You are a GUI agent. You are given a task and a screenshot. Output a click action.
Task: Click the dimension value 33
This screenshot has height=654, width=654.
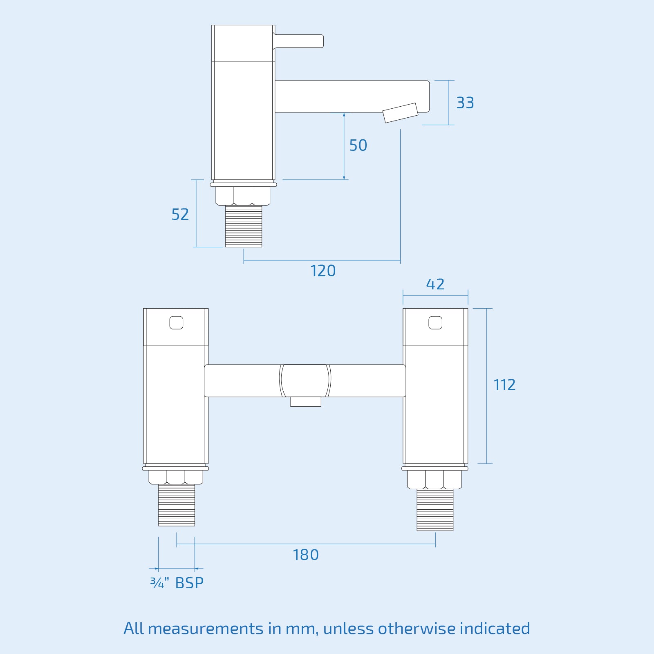[x=465, y=103]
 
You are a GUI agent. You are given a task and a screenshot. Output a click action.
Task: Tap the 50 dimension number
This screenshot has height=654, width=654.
[x=358, y=145]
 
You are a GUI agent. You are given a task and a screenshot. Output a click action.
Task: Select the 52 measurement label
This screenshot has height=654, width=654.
[x=180, y=214]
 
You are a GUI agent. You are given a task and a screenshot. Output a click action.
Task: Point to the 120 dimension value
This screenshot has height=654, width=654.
[x=323, y=271]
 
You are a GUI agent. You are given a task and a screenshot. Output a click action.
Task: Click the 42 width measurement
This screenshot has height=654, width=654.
[x=435, y=284]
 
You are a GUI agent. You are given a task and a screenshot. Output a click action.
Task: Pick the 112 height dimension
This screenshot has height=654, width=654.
[x=504, y=385]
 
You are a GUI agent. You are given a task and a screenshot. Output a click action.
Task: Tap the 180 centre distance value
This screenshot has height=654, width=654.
[x=306, y=555]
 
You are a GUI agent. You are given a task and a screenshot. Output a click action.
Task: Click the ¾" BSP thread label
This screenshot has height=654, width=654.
[x=177, y=583]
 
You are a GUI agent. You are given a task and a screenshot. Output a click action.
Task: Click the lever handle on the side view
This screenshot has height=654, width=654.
[x=299, y=41]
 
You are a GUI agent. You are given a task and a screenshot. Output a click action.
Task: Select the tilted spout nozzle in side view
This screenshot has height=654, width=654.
[x=401, y=113]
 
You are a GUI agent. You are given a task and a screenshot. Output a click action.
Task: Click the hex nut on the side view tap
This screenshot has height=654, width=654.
[x=243, y=195]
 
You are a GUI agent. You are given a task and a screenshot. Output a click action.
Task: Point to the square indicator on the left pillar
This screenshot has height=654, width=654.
[x=176, y=323]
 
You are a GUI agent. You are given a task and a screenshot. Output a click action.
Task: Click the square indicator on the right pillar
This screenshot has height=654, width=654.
[x=435, y=323]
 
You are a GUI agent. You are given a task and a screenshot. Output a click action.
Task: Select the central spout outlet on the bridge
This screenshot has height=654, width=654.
[x=305, y=402]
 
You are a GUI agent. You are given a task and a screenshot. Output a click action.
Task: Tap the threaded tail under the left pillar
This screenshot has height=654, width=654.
[x=177, y=505]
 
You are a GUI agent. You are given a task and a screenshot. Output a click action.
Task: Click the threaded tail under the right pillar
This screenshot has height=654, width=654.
[x=435, y=510]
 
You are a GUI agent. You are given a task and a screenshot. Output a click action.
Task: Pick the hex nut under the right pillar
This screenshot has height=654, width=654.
[x=434, y=479]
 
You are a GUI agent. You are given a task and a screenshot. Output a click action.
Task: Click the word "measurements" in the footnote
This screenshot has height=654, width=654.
[x=206, y=629]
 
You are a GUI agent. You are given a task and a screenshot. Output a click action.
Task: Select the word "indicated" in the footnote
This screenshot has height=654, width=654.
[x=495, y=629]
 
